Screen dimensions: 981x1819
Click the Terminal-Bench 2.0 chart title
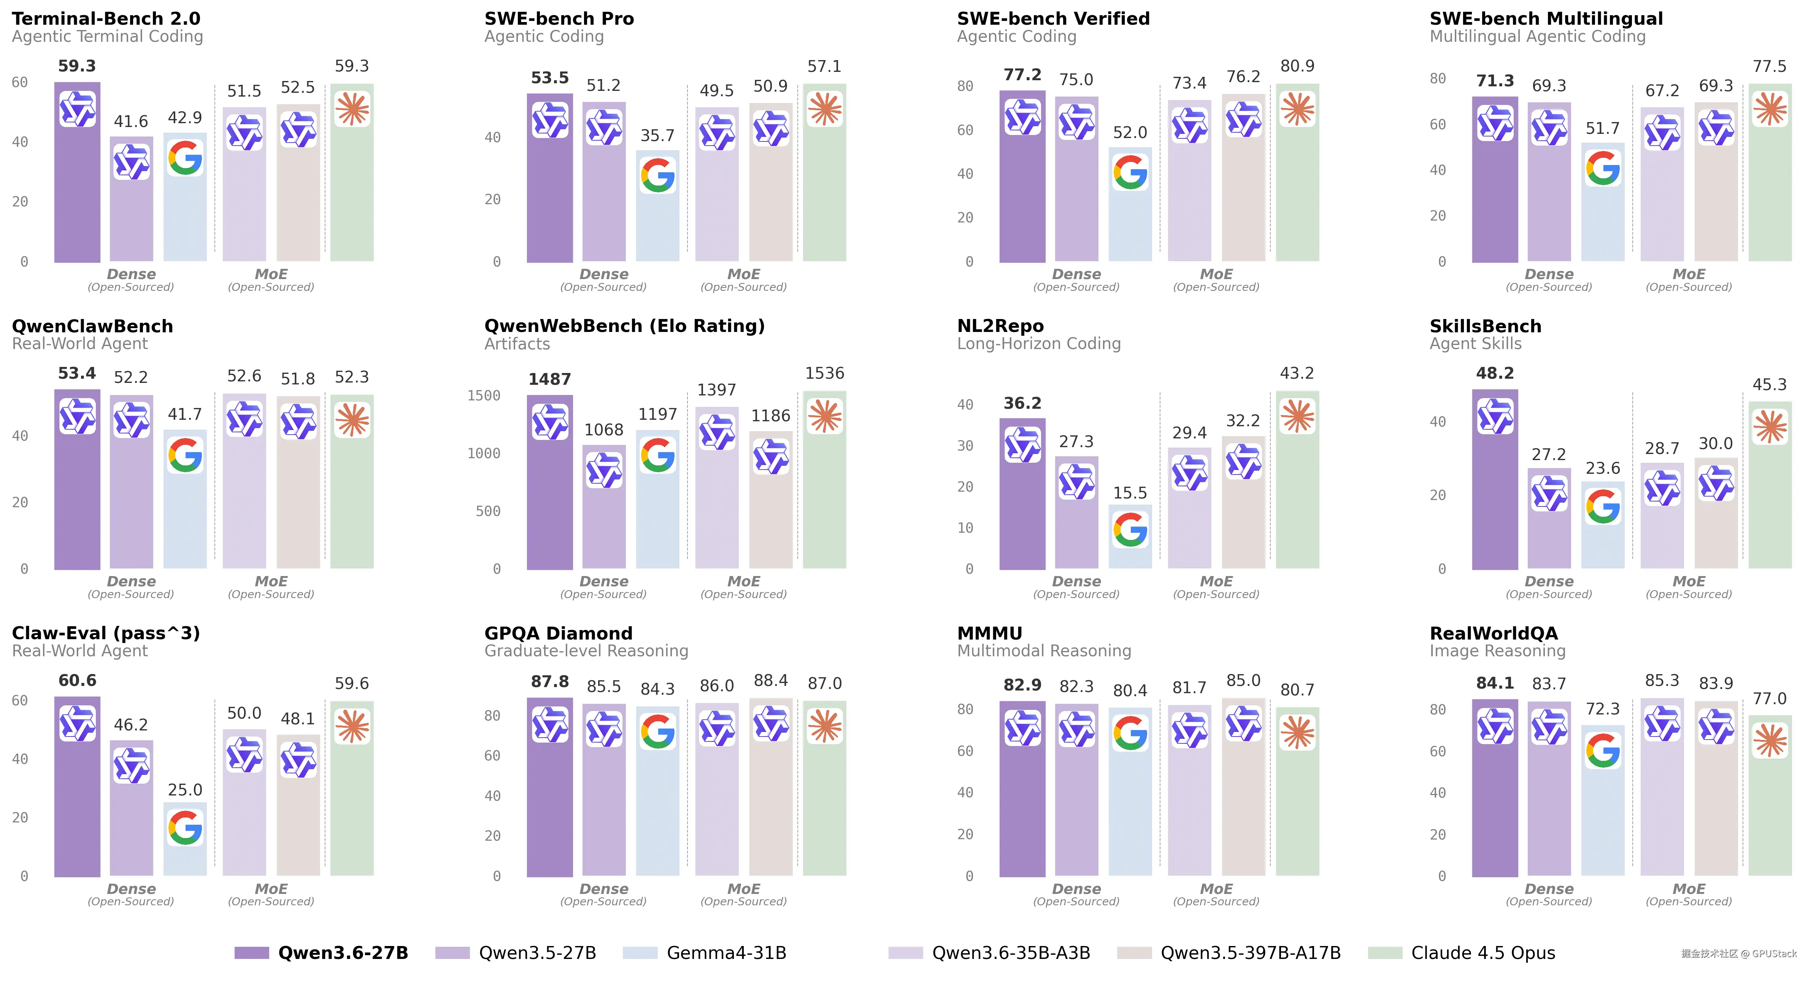tap(106, 18)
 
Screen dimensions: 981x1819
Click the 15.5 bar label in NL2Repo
tap(1130, 493)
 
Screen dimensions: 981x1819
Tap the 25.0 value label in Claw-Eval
tap(185, 790)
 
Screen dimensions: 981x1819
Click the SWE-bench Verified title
tap(1053, 18)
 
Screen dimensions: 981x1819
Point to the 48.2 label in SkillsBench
tap(1495, 373)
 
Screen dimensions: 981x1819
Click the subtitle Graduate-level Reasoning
tap(586, 651)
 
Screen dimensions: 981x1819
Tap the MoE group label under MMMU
tap(1216, 889)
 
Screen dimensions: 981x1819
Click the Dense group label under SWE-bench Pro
tap(604, 274)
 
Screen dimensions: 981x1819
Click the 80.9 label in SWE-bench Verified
tap(1297, 66)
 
